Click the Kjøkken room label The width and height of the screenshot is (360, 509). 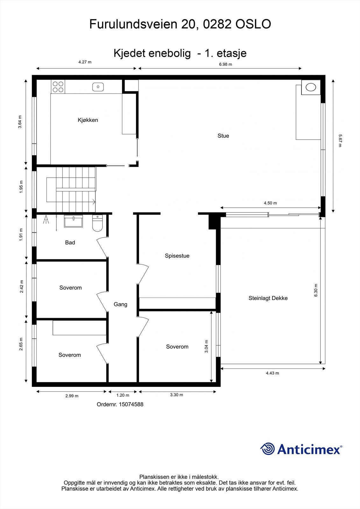point(88,120)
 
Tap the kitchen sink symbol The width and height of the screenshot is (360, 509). point(98,87)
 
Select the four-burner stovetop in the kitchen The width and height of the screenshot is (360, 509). point(58,87)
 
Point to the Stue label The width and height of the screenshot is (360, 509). point(223,136)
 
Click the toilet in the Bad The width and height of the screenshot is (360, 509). point(97,223)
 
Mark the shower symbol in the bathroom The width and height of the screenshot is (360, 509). point(46,219)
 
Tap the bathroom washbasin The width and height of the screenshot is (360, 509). point(73,221)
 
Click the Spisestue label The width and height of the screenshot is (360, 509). point(177,256)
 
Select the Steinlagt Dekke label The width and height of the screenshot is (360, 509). point(268,298)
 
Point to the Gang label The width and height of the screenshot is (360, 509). point(120,304)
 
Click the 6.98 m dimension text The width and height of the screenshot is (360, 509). point(225,64)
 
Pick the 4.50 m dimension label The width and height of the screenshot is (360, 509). point(270,203)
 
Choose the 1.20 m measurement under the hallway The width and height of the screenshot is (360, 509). point(123,395)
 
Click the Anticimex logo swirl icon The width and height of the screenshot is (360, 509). point(268,449)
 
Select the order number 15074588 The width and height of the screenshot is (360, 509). point(131,404)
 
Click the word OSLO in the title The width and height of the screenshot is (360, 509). point(253,24)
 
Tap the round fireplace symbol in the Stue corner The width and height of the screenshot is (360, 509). point(311,87)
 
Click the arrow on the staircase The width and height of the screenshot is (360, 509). point(94,201)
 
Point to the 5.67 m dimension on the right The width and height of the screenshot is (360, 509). point(340,141)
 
